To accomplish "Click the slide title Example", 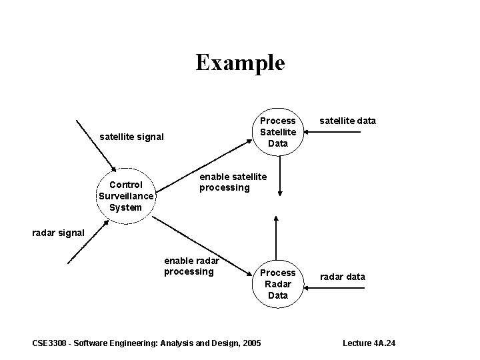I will coord(240,63).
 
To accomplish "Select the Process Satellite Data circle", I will coord(277,131).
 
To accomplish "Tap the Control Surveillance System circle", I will coord(125,196).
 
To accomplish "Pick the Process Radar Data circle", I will coord(277,283).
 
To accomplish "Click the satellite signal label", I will coord(131,137).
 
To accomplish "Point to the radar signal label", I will coord(59,233).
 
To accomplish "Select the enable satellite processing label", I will coord(233,182).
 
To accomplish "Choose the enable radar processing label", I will coord(191,266).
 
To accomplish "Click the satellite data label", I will coord(347,121).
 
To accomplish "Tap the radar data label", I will coord(343,277).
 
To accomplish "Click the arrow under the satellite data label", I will coord(339,133).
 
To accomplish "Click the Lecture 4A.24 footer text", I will coord(369,343).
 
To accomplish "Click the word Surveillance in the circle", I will coord(125,196).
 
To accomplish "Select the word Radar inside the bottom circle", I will coord(277,283).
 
